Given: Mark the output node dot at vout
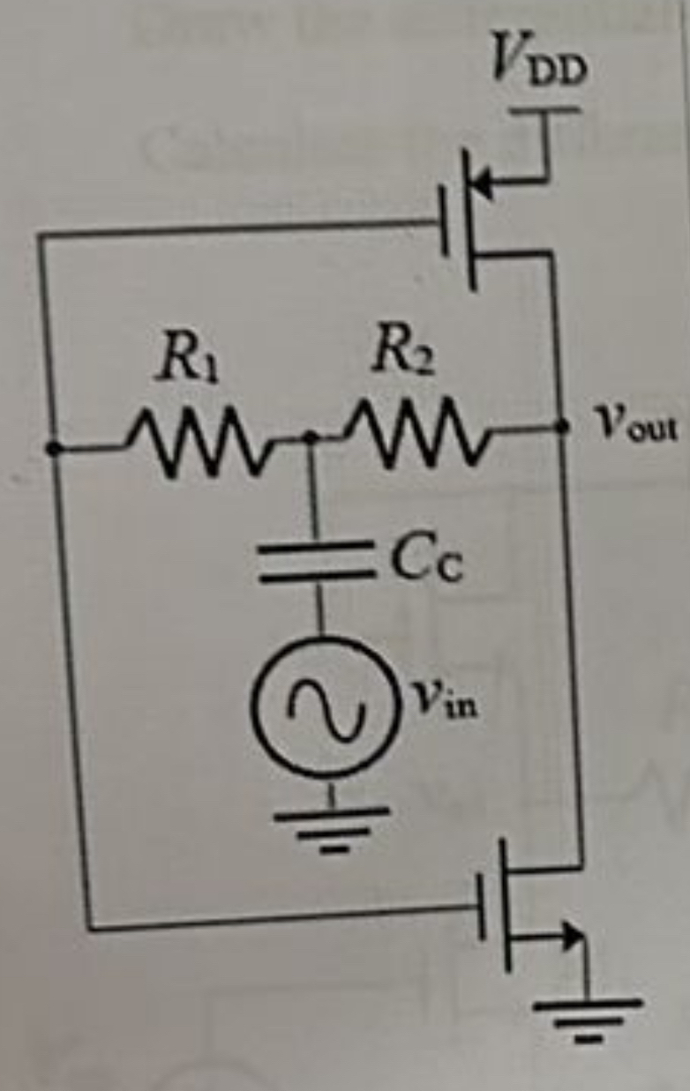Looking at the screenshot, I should pos(562,424).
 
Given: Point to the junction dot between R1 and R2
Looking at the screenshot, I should pos(310,436).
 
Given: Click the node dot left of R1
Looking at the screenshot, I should pos(55,449).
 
